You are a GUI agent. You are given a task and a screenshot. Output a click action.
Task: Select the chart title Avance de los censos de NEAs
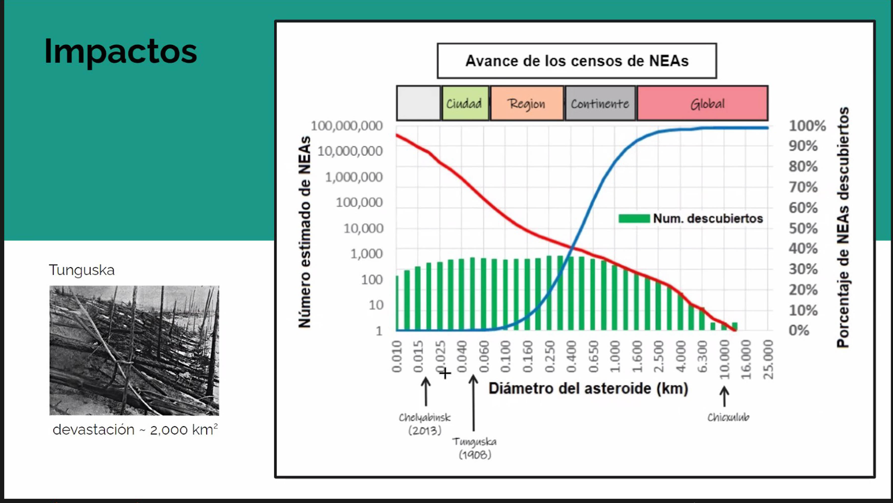click(577, 61)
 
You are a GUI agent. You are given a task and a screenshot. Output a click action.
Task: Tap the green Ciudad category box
click(465, 103)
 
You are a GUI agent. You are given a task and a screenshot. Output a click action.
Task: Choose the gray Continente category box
click(600, 103)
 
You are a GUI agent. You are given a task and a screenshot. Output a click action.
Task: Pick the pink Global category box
click(703, 103)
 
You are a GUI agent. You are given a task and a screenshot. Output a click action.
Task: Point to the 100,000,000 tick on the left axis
click(347, 126)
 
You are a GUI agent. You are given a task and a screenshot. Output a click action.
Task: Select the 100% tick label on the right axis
click(807, 126)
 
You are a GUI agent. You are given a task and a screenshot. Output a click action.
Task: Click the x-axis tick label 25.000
click(768, 360)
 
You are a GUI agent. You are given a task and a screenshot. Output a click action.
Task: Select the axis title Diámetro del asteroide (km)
click(588, 389)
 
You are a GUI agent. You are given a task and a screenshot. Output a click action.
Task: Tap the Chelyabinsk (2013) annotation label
click(425, 424)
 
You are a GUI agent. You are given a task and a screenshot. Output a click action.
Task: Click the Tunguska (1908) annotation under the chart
click(475, 448)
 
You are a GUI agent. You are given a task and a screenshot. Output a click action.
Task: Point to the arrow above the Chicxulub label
click(724, 397)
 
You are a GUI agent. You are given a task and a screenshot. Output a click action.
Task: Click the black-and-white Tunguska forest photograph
click(134, 350)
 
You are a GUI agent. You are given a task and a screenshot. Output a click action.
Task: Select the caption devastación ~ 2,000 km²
click(135, 429)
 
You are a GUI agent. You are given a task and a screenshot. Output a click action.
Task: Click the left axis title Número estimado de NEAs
click(304, 232)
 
